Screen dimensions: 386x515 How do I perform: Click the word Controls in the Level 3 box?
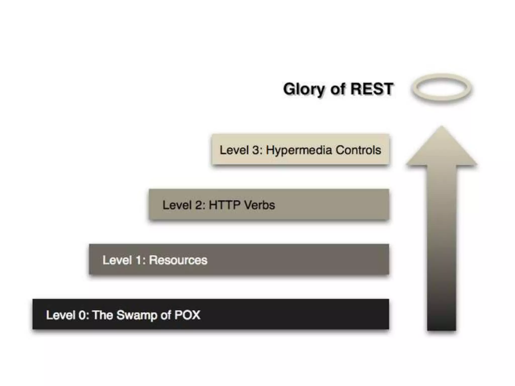click(358, 150)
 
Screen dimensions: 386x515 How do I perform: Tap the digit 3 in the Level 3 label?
click(255, 150)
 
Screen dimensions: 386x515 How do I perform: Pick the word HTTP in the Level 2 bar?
click(225, 205)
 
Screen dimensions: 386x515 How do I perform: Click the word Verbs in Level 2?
click(260, 205)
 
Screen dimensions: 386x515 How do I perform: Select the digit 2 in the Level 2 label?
click(199, 205)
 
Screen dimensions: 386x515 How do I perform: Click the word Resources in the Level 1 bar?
click(178, 260)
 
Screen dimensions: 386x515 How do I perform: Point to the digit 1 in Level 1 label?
click(138, 260)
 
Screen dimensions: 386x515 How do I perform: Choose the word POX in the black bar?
click(187, 315)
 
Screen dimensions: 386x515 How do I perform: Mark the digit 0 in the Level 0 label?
click(82, 315)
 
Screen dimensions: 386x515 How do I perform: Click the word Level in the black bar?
click(60, 315)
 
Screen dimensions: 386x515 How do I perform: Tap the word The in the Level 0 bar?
click(103, 315)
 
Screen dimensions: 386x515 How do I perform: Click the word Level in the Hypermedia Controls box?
click(234, 150)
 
